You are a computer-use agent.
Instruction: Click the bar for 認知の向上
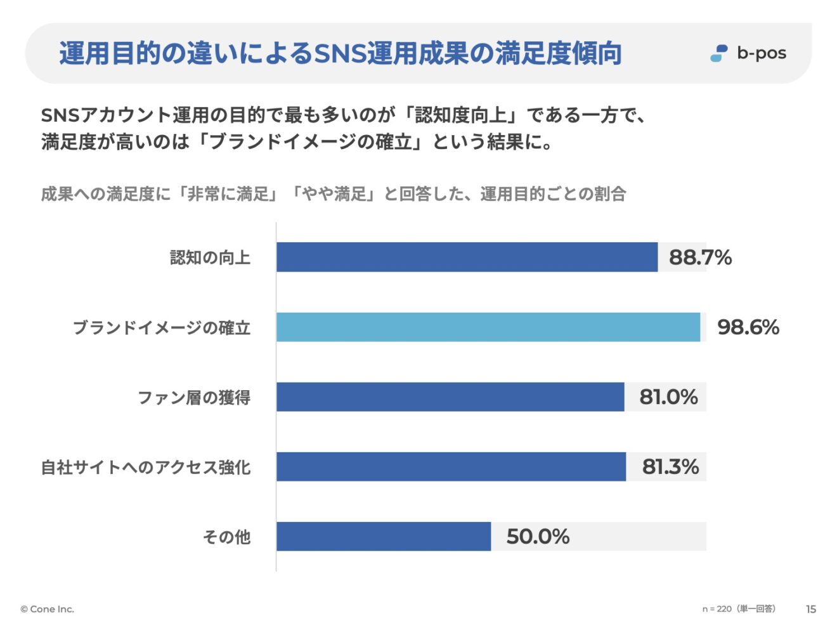467,257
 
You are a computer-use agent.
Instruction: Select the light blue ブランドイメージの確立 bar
488,327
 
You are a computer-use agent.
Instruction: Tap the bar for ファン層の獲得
450,396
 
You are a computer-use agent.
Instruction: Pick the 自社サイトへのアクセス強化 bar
451,466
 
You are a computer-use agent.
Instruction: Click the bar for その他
384,536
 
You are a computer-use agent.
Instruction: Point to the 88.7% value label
700,257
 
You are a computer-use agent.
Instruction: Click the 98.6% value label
748,327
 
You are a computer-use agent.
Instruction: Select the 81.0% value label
668,396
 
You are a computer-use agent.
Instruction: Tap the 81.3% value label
670,466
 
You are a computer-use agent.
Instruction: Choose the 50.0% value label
538,536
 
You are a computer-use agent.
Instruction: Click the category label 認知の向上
210,258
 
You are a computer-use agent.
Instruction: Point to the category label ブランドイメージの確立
162,327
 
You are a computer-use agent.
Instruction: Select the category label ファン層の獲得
194,397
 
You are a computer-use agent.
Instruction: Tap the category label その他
226,537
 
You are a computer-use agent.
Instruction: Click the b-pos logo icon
719,53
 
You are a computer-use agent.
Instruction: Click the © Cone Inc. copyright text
47,609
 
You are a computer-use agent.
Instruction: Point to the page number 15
811,609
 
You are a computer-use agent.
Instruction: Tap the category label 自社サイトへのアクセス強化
146,467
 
